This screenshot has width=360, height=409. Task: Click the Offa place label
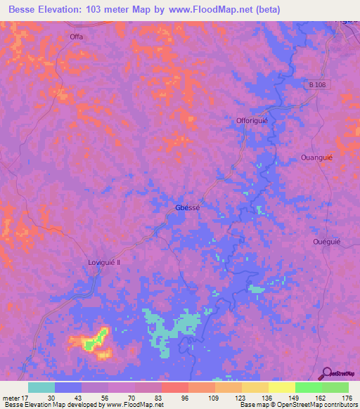(77, 37)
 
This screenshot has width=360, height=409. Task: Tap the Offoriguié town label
(252, 121)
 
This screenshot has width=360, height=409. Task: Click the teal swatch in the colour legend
(41, 387)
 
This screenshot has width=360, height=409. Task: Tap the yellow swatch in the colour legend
(282, 387)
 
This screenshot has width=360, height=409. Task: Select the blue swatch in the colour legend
(68, 387)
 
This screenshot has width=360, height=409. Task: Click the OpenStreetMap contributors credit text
(324, 405)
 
